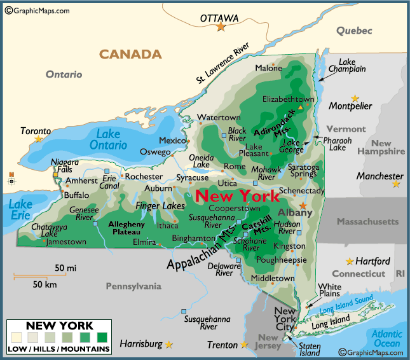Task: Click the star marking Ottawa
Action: tap(221, 27)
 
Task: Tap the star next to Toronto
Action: tap(39, 139)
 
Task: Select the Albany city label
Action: tap(296, 213)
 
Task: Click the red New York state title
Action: tap(236, 196)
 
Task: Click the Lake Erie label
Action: tap(20, 210)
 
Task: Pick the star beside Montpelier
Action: tap(355, 99)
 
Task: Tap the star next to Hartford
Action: tap(349, 261)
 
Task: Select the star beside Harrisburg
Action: tap(168, 345)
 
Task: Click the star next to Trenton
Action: tap(244, 345)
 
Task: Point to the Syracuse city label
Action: tap(192, 178)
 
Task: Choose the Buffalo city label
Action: tap(77, 195)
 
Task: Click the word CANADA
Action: tap(130, 54)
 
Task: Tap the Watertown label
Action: tap(219, 118)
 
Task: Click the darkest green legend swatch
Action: tap(102, 337)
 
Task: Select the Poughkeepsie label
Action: tap(281, 260)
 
